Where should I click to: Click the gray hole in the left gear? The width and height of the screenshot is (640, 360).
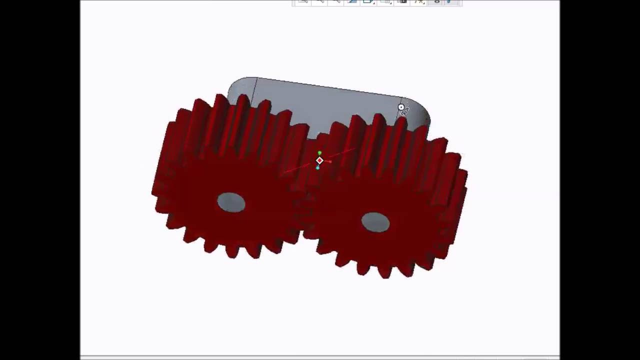point(231,202)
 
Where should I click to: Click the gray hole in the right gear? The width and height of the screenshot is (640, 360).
point(375,222)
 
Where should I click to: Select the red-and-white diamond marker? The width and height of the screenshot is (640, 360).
point(319,160)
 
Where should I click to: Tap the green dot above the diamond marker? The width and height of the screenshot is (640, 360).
point(319,153)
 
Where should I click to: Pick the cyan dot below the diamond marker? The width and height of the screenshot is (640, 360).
point(318,168)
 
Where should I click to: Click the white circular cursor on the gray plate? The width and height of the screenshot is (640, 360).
point(401,107)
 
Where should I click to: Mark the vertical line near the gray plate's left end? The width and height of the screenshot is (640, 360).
point(254,90)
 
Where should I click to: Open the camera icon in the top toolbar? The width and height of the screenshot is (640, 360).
point(402,2)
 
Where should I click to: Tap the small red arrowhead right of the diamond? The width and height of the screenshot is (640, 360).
point(329,161)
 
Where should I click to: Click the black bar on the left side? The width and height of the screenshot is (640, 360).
point(40,180)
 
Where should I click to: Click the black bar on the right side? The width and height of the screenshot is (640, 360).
point(600,180)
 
